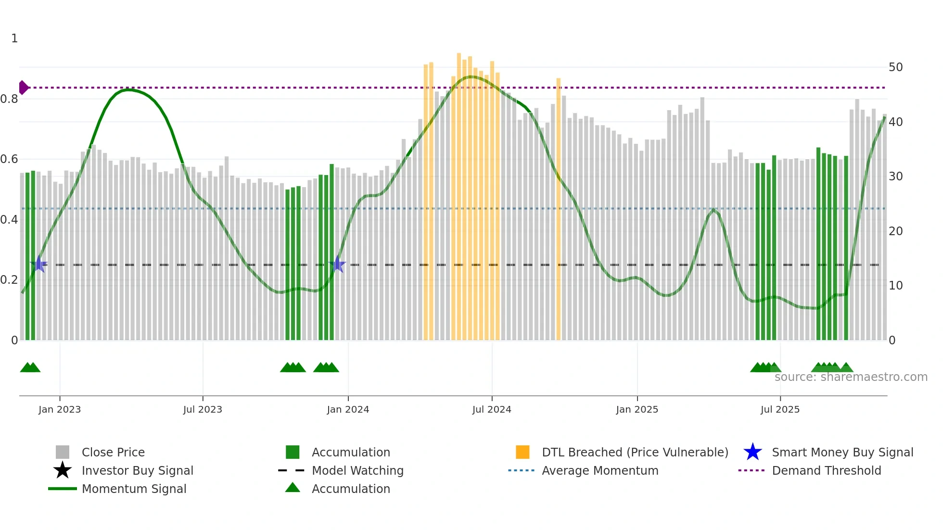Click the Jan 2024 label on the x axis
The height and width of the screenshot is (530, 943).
pyautogui.click(x=348, y=409)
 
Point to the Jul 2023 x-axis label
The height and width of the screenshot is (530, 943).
pyautogui.click(x=203, y=409)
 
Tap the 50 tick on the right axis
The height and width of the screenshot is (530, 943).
pyautogui.click(x=895, y=67)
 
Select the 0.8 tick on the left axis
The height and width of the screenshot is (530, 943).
pyautogui.click(x=9, y=99)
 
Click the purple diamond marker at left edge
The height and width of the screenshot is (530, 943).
pyautogui.click(x=23, y=88)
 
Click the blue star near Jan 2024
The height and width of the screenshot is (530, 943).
pyautogui.click(x=338, y=265)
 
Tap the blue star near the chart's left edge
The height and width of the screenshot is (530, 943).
pyautogui.click(x=39, y=265)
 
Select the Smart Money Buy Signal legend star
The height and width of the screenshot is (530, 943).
pyautogui.click(x=752, y=452)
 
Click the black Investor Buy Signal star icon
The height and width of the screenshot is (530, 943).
pyautogui.click(x=63, y=470)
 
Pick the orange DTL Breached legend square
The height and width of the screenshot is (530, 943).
pyautogui.click(x=522, y=452)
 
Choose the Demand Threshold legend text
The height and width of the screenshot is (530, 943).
pyautogui.click(x=826, y=470)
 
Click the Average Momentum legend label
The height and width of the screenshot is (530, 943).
pyautogui.click(x=600, y=470)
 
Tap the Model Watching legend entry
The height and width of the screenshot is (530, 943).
pyautogui.click(x=357, y=470)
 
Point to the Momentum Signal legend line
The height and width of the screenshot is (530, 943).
pyautogui.click(x=63, y=489)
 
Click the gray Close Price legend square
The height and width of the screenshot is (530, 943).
pyautogui.click(x=63, y=452)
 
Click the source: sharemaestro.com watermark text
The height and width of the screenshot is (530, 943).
pyautogui.click(x=851, y=377)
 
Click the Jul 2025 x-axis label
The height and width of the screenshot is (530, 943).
pyautogui.click(x=780, y=409)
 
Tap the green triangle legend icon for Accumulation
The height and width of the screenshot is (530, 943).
pyautogui.click(x=293, y=488)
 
